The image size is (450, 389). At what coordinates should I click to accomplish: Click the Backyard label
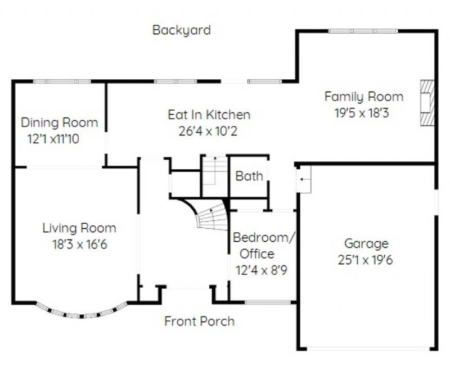[x=181, y=30]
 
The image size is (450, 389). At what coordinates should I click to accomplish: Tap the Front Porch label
[x=200, y=322]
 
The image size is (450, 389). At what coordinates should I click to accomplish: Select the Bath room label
[x=249, y=176]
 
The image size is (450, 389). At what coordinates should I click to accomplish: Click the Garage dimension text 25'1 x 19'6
[x=365, y=260]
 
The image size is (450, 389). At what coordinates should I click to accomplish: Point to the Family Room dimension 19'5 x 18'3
[x=362, y=113]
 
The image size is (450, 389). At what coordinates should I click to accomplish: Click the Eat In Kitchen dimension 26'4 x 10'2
[x=208, y=131]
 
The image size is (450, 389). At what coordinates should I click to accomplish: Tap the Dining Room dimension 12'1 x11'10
[x=53, y=139]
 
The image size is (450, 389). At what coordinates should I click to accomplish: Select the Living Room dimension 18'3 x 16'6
[x=80, y=245]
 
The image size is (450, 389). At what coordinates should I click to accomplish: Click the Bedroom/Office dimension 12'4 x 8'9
[x=262, y=270]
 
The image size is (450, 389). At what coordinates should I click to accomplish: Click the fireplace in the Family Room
[x=427, y=103]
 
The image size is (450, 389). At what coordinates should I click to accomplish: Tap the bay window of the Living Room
[x=82, y=311]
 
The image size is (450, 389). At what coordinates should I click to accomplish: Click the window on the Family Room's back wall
[x=363, y=31]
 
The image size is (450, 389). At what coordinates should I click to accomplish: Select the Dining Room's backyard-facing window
[x=62, y=82]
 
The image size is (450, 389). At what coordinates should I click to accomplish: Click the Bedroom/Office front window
[x=268, y=302]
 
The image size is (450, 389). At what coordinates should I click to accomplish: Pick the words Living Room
[x=79, y=228]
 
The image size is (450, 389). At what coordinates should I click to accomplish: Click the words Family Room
[x=364, y=97]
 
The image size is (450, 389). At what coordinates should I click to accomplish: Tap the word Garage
[x=366, y=244]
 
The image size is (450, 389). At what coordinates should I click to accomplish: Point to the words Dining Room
[x=60, y=123]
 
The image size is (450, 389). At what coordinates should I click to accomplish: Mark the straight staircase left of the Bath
[x=215, y=176]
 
